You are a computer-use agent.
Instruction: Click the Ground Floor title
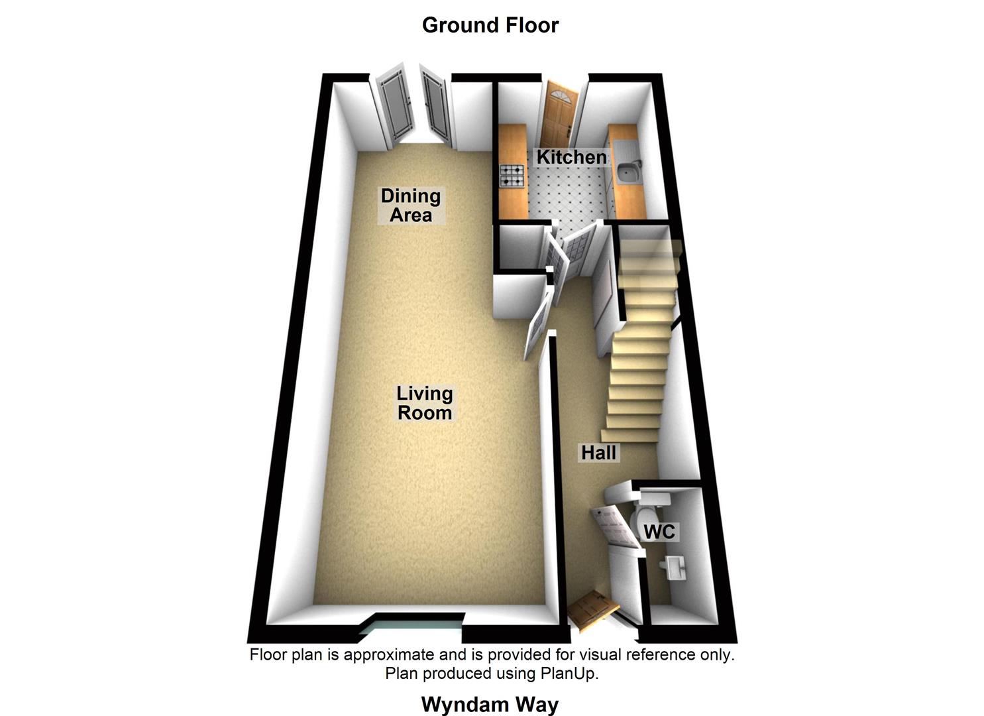(490, 25)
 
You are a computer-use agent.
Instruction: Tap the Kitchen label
(571, 157)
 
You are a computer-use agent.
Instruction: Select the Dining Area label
(411, 205)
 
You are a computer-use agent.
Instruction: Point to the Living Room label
(425, 402)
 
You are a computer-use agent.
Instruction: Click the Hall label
(599, 453)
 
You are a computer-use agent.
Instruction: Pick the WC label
(659, 532)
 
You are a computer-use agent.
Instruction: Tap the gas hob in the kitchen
(512, 175)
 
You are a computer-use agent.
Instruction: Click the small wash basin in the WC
(674, 567)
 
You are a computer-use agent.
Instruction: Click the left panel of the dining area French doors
(392, 106)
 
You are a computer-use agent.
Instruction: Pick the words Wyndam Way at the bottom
(490, 704)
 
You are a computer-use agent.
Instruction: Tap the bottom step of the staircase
(630, 435)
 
